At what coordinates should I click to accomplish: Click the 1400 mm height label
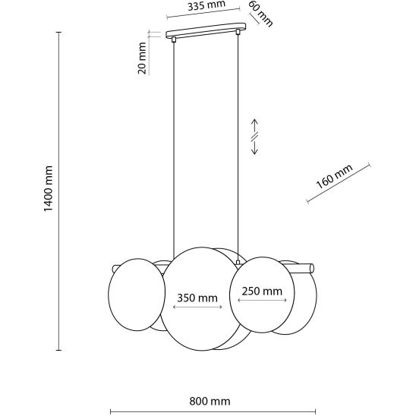pyautogui.click(x=49, y=188)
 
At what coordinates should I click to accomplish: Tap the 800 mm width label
pyautogui.click(x=210, y=402)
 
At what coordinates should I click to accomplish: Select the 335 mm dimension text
pyautogui.click(x=206, y=5)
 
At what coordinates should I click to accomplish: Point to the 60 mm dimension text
pyautogui.click(x=260, y=14)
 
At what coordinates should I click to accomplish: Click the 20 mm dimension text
pyautogui.click(x=142, y=58)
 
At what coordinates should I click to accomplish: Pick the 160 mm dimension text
pyautogui.click(x=335, y=176)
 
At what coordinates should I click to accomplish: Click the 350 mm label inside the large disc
pyautogui.click(x=197, y=298)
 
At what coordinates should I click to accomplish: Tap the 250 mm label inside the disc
pyautogui.click(x=262, y=292)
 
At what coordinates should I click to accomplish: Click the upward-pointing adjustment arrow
pyautogui.click(x=255, y=125)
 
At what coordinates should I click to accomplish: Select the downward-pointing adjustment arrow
pyautogui.click(x=255, y=148)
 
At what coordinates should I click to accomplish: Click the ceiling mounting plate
pyautogui.click(x=206, y=30)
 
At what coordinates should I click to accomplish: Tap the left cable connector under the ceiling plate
pyautogui.click(x=174, y=39)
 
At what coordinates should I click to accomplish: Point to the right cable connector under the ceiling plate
pyautogui.click(x=238, y=32)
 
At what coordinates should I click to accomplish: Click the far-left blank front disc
pyautogui.click(x=137, y=295)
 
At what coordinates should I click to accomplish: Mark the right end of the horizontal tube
pyautogui.click(x=312, y=268)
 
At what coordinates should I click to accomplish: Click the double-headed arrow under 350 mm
pyautogui.click(x=197, y=307)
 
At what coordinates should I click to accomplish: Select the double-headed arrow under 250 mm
pyautogui.click(x=262, y=300)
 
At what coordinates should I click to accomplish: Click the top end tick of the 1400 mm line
pyautogui.click(x=59, y=32)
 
